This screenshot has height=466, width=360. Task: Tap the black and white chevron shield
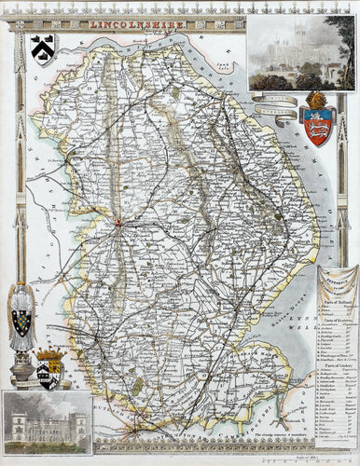(x=43, y=45)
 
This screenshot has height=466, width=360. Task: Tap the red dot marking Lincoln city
(x=118, y=221)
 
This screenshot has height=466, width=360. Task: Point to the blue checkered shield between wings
(x=21, y=322)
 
